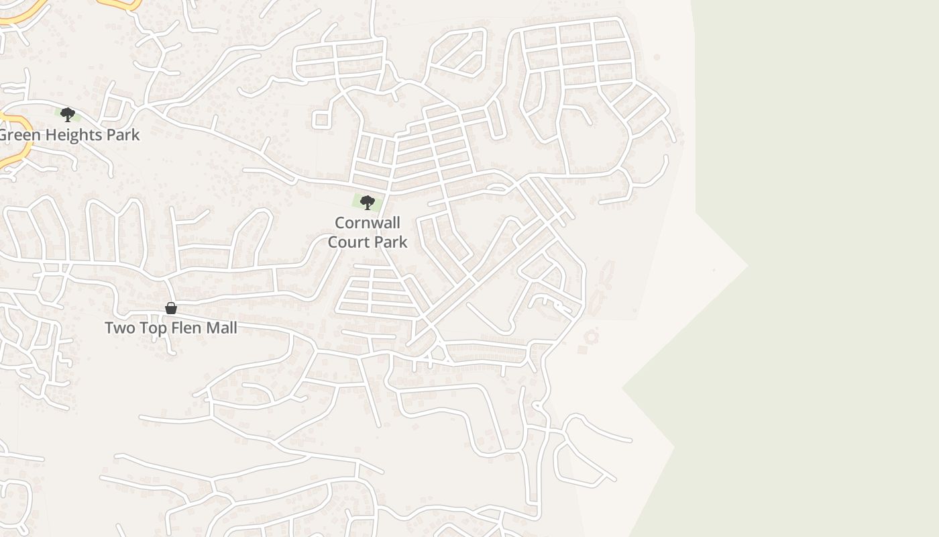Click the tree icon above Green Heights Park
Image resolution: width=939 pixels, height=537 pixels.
pyautogui.click(x=67, y=115)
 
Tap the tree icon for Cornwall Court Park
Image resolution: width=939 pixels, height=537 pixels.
pyautogui.click(x=367, y=202)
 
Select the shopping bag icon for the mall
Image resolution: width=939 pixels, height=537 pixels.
pyautogui.click(x=171, y=308)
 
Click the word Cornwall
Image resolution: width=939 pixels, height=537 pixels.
pyautogui.click(x=368, y=223)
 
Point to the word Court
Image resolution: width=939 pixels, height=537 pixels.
pyautogui.click(x=349, y=242)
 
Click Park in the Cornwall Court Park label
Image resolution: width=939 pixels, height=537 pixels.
pyautogui.click(x=390, y=242)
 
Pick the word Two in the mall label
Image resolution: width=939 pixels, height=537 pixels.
pyautogui.click(x=119, y=328)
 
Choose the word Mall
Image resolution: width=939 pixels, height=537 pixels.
pyautogui.click(x=221, y=328)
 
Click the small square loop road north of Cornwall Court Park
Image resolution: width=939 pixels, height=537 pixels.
pyautogui.click(x=321, y=120)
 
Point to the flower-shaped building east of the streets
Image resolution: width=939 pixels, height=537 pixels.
pyautogui.click(x=591, y=336)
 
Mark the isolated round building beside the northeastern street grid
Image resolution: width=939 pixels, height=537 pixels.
pyautogui.click(x=657, y=57)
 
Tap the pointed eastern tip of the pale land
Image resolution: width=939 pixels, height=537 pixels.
pyautogui.click(x=747, y=266)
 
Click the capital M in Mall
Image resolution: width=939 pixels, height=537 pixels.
pyautogui.click(x=211, y=328)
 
